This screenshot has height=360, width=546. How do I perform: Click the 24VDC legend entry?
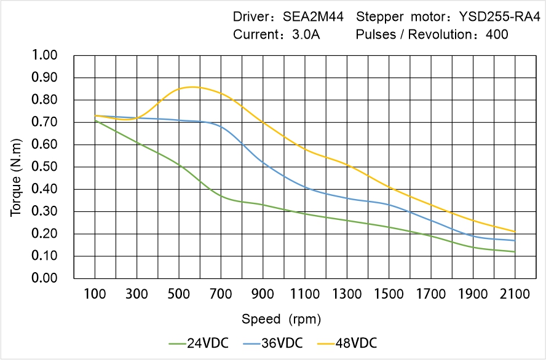click(x=199, y=343)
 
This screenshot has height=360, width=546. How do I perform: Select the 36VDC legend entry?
click(x=273, y=343)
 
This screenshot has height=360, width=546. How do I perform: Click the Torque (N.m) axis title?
click(x=17, y=167)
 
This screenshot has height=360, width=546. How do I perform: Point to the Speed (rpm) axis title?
click(x=281, y=319)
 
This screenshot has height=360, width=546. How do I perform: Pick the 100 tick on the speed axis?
click(x=95, y=294)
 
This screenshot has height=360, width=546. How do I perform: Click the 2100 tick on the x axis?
click(x=515, y=294)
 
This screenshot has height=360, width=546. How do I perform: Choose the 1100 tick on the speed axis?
click(x=305, y=294)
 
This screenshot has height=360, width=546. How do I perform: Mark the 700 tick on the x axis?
click(x=221, y=294)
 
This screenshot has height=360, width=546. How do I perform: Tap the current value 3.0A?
click(x=305, y=34)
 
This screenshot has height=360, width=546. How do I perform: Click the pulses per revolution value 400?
click(x=497, y=34)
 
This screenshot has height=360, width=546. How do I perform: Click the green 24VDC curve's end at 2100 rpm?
click(x=515, y=252)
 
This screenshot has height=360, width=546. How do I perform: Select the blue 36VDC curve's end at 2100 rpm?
click(x=515, y=240)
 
